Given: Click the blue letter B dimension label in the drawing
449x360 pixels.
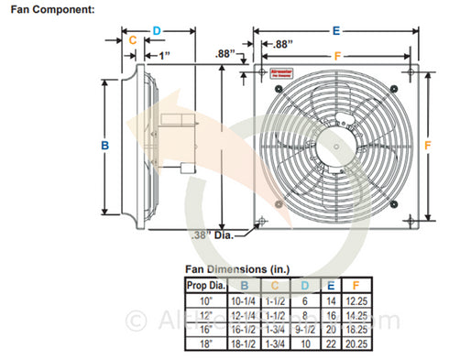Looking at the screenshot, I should coord(105,146).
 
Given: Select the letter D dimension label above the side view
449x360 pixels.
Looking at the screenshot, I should coord(157,30).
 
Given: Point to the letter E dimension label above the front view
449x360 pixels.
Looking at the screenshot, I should coord(336,30).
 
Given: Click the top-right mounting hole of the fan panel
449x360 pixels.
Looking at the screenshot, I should coord(407,72).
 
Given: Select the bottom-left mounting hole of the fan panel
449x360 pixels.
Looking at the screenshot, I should coord(263,218).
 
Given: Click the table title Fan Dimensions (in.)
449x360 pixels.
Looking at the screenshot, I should coord(236,268).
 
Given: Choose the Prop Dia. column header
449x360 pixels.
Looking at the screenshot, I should coord(203,285).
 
